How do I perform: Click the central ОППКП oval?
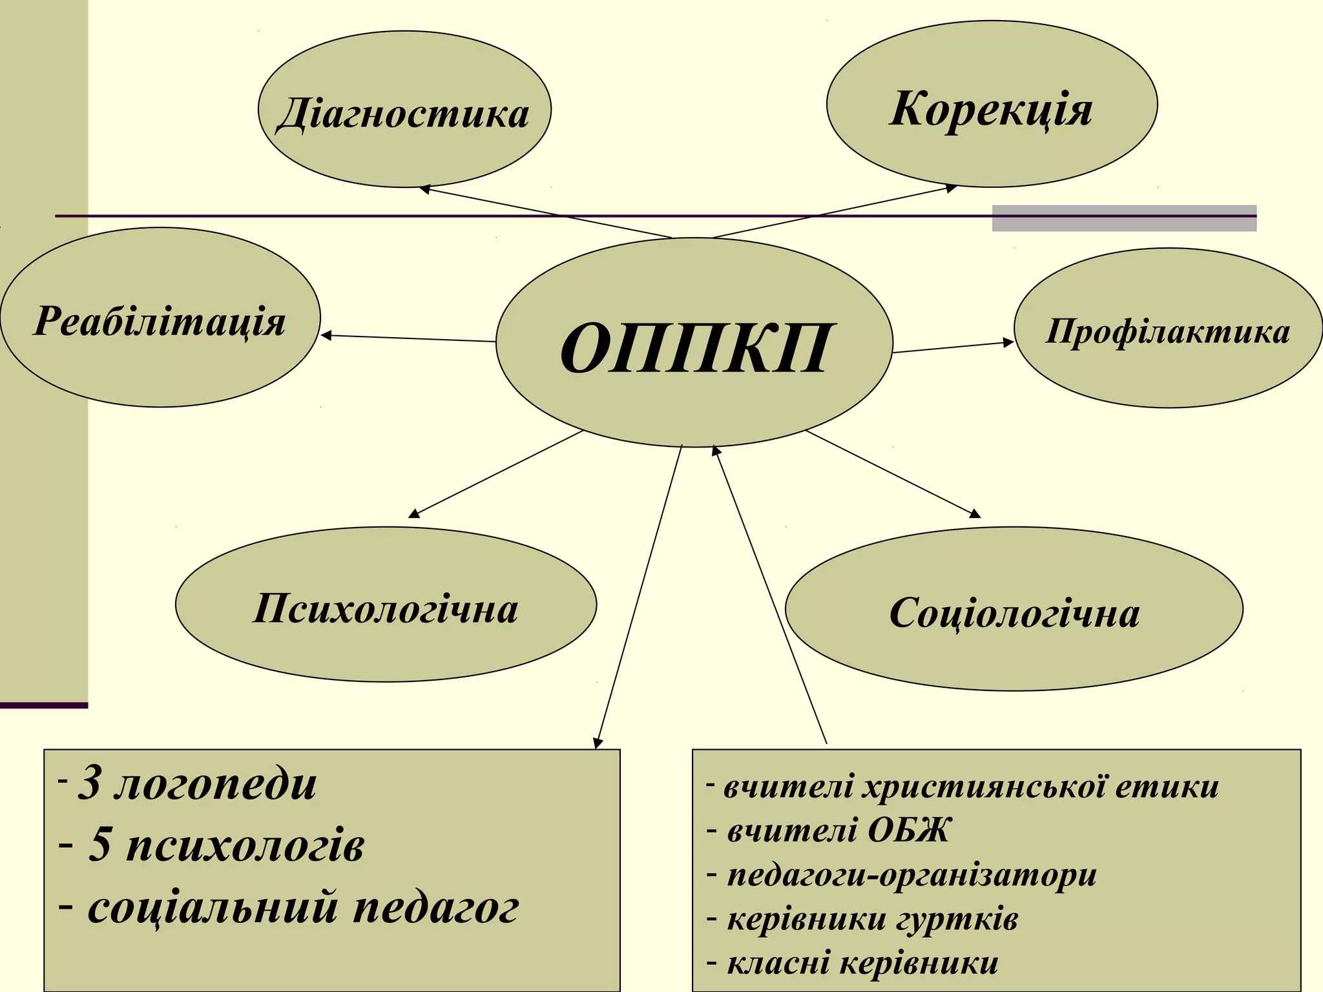coord(694,343)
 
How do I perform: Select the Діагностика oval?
coord(404,110)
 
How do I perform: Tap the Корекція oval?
coord(992,105)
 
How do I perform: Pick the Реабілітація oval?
coord(160,317)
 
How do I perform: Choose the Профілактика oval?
coord(1168,328)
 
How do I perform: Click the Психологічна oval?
coord(386,604)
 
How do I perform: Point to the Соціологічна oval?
coord(1014,609)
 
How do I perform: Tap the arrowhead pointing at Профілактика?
coord(1008,342)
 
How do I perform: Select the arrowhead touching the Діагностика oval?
coord(425,189)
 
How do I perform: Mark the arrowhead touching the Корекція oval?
coord(951,188)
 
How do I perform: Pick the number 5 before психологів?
coord(99,845)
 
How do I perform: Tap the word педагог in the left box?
coord(436,907)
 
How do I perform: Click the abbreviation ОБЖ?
coord(908,830)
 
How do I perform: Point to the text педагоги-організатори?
coord(912,875)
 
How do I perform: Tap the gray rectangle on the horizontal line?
coord(1124,218)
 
